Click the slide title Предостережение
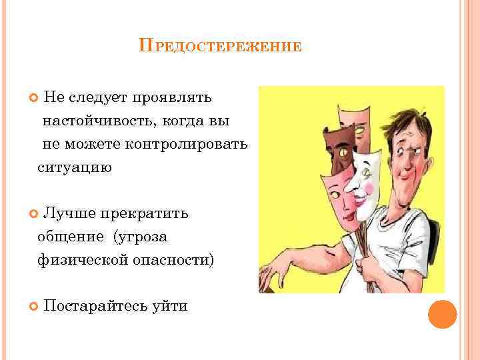coord(220,46)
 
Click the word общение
coord(70,237)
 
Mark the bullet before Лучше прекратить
coord(33,214)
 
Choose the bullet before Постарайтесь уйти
coord(33,307)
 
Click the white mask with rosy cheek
coord(363,180)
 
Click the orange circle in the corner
coord(442,313)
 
